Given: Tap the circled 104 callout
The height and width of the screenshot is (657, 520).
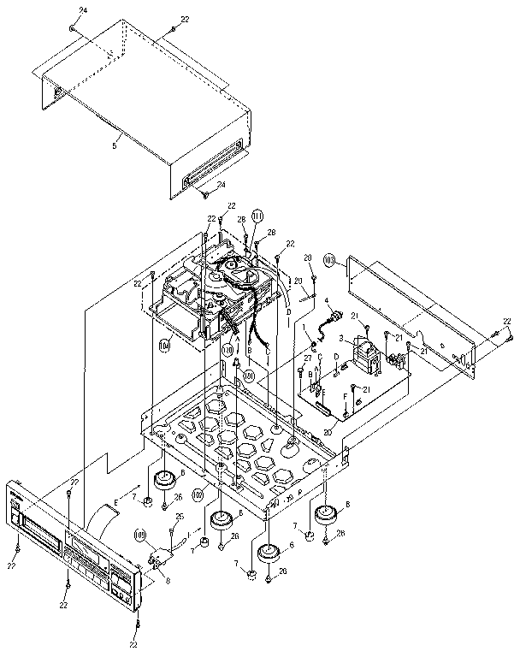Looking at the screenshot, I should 164,346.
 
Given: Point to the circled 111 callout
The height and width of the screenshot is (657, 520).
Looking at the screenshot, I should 257,216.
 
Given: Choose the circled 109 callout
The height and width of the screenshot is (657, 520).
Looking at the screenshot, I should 142,536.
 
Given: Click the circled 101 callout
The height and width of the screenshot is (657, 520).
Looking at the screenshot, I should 248,374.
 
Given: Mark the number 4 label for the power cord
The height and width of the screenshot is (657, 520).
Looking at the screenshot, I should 327,300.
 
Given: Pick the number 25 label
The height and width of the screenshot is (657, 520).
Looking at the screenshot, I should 180,516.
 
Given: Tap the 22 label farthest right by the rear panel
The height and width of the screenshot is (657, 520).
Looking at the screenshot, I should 507,321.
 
